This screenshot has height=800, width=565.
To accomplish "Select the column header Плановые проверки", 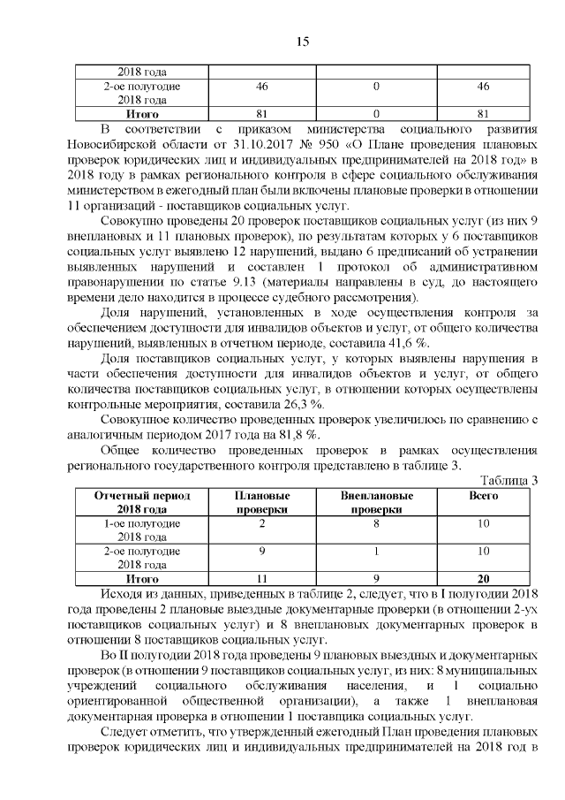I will [x=262, y=502].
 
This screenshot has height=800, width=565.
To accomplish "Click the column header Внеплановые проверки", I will [x=376, y=502].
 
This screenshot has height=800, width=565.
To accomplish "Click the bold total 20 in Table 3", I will [x=483, y=578].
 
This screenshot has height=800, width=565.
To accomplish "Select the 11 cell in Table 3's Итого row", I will [x=262, y=578].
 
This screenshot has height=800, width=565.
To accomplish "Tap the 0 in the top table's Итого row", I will [x=376, y=113].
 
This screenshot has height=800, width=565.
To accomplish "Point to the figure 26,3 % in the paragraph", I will [x=273, y=401].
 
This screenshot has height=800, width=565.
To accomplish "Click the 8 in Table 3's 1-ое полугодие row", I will [x=376, y=523].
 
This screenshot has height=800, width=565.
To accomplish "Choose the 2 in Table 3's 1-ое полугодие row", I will [x=262, y=523].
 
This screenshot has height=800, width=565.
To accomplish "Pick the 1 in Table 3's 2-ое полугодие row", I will [x=376, y=551].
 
